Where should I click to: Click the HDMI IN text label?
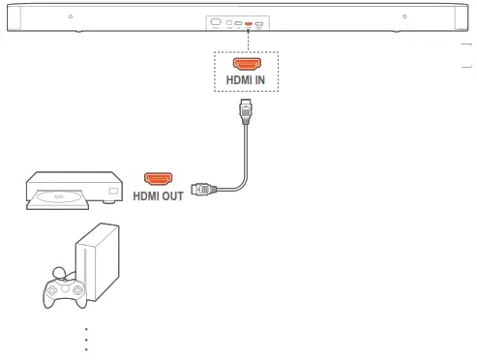tap(245, 79)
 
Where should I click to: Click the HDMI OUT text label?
tap(159, 195)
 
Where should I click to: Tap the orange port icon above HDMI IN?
tap(246, 63)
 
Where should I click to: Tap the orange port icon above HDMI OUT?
tap(158, 178)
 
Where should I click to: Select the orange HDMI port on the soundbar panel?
tap(248, 22)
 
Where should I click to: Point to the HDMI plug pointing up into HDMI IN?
tap(245, 113)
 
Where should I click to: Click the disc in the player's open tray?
tap(60, 199)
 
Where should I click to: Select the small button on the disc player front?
tap(112, 193)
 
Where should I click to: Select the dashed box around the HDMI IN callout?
tap(246, 72)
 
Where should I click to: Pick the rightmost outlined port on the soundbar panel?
tap(259, 22)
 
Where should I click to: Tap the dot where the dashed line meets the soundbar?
tap(248, 29)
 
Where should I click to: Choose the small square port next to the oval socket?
tap(229, 22)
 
